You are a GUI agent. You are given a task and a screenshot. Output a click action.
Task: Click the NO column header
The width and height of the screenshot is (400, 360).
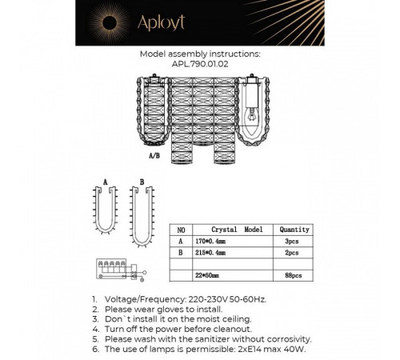tap(183, 227)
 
